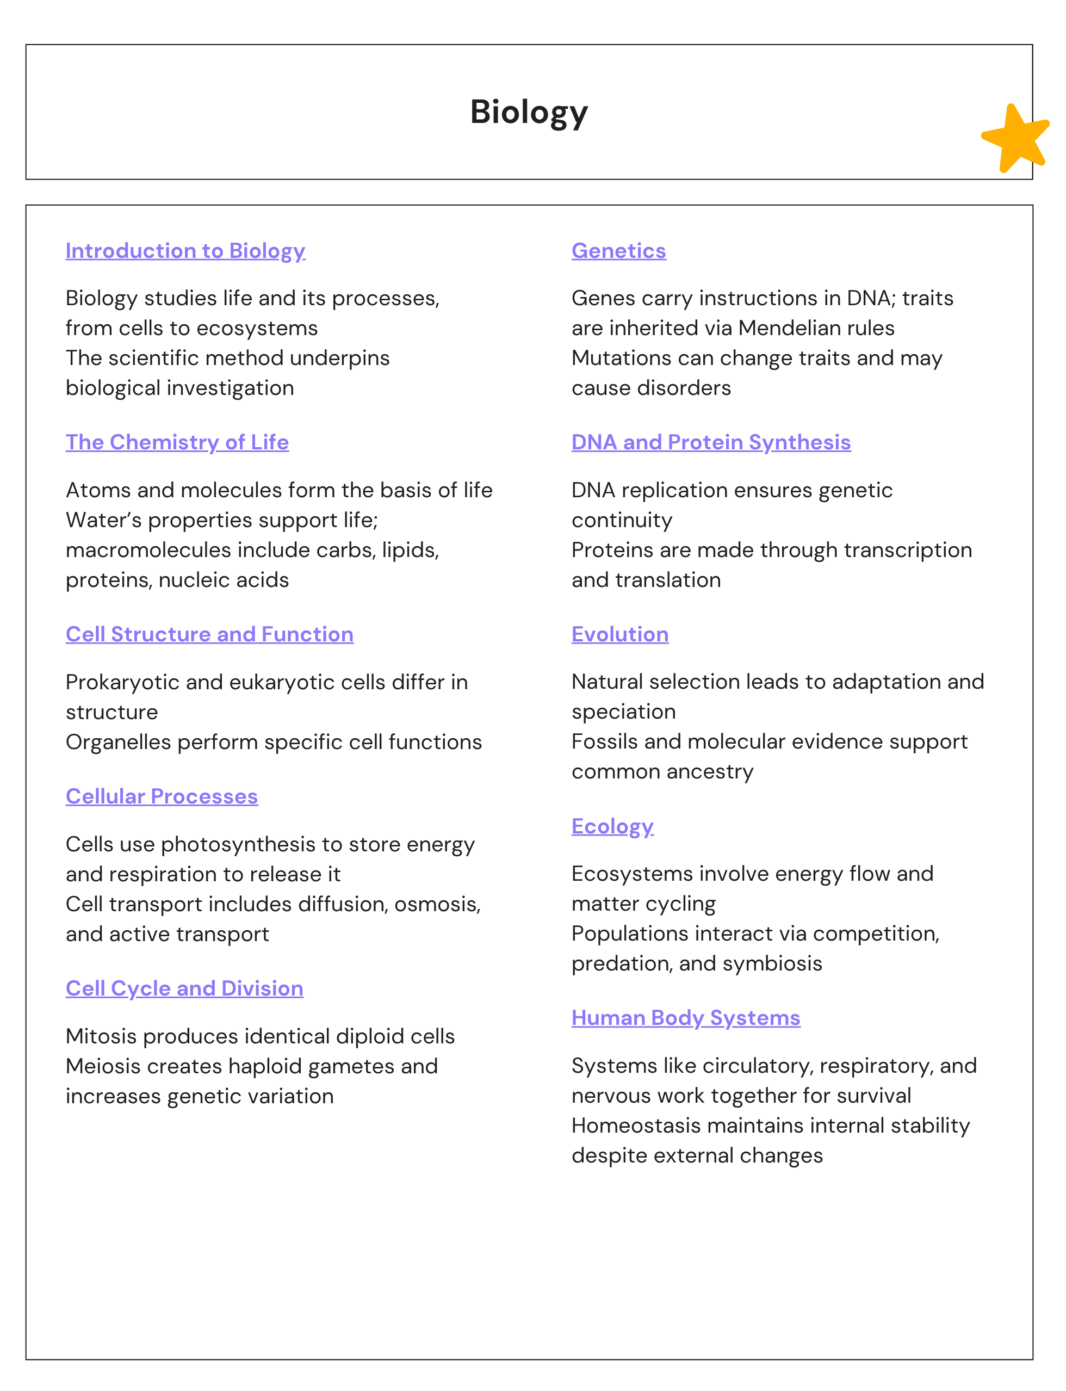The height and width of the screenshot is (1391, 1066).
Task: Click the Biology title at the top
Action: coord(529,112)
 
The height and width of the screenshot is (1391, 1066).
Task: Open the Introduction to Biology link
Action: coord(185,251)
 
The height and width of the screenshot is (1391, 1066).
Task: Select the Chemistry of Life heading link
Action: coord(177,442)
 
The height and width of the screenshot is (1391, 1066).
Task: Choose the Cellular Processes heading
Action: coord(162,796)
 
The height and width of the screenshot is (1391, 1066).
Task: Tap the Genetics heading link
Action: coord(619,251)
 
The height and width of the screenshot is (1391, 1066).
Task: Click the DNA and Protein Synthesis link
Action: coord(711,442)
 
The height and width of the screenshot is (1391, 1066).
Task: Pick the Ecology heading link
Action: coord(612,826)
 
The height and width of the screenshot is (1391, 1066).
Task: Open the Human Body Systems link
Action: coord(685,1018)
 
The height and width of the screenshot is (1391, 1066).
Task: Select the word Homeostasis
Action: coord(636,1126)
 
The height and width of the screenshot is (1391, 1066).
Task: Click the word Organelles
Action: coord(118,742)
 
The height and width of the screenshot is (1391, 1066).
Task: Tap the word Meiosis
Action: coord(102,1066)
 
